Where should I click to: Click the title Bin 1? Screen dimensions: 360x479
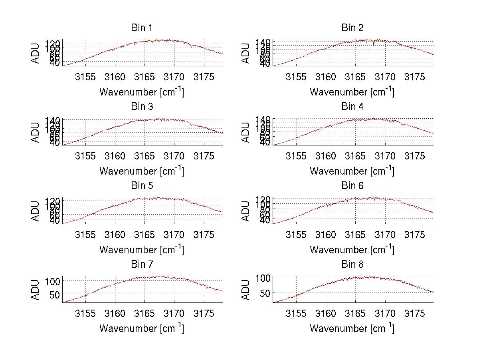[142, 28]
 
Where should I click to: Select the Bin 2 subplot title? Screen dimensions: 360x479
[352, 28]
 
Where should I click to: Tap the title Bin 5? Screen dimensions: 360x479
[142, 186]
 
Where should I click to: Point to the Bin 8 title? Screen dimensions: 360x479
[352, 265]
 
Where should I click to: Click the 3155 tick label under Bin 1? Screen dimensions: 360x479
[85, 77]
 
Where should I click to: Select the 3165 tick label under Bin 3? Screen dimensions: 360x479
[144, 156]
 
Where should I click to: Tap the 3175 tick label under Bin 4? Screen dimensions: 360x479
[415, 156]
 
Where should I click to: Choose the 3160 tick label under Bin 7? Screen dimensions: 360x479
[115, 313]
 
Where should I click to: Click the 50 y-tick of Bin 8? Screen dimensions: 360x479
[265, 293]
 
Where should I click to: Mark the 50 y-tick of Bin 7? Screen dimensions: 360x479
[55, 294]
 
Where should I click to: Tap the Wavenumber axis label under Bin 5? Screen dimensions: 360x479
[142, 250]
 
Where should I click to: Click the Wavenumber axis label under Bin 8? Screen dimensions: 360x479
[352, 328]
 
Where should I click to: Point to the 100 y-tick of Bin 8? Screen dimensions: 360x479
[262, 278]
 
